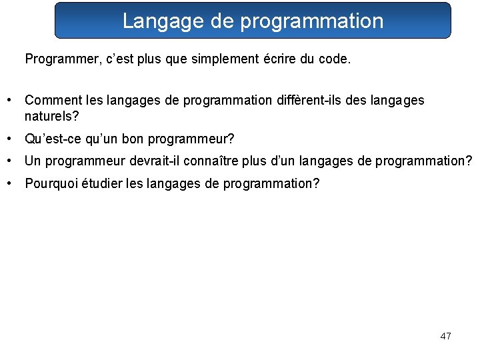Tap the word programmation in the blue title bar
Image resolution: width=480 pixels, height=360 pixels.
pyautogui.click(x=311, y=21)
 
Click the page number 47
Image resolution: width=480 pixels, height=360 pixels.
pyautogui.click(x=445, y=336)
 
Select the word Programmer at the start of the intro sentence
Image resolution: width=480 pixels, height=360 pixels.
pyautogui.click(x=57, y=59)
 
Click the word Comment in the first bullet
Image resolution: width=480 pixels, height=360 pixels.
pyautogui.click(x=54, y=100)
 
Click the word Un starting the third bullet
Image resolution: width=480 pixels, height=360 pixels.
pyautogui.click(x=32, y=161)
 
